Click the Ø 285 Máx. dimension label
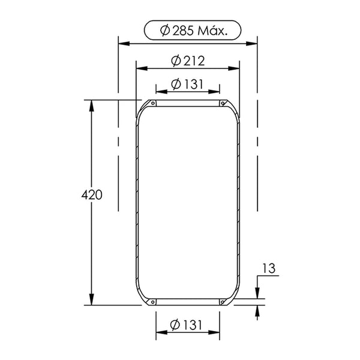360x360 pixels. (194, 31)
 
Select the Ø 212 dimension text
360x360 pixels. (188, 61)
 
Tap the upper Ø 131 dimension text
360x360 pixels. (187, 84)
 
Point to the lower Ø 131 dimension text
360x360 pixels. (187, 325)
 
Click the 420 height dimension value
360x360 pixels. (92, 195)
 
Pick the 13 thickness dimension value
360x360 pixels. (269, 268)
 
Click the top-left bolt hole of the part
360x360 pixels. (153, 103)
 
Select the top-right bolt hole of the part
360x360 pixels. (223, 103)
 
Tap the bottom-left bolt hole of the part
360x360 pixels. (153, 302)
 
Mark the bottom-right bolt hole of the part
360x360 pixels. (222, 302)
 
